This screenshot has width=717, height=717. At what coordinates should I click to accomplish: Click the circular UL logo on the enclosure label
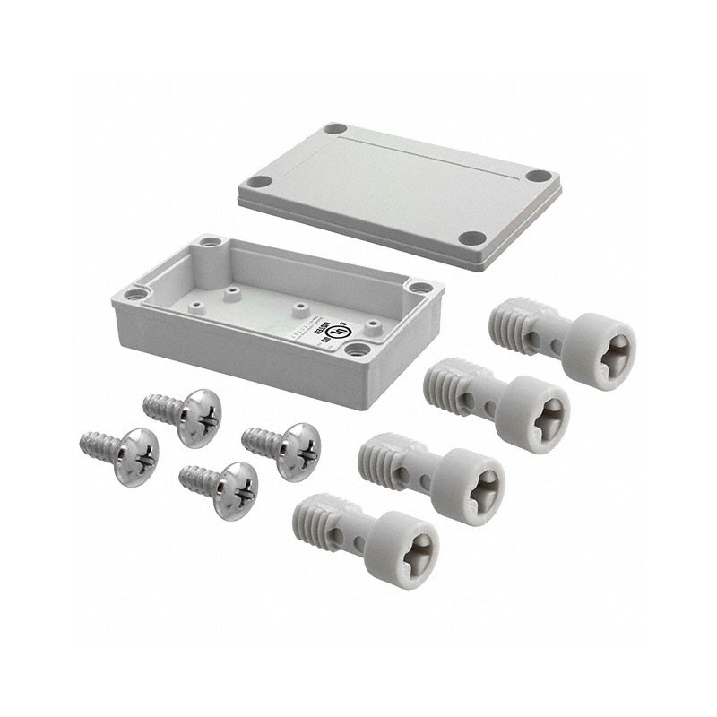click(338, 329)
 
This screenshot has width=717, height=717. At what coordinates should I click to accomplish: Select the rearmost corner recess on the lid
click(334, 129)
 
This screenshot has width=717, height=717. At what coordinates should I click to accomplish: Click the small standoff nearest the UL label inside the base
click(300, 307)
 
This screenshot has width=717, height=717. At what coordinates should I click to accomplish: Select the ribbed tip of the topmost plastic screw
click(508, 324)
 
